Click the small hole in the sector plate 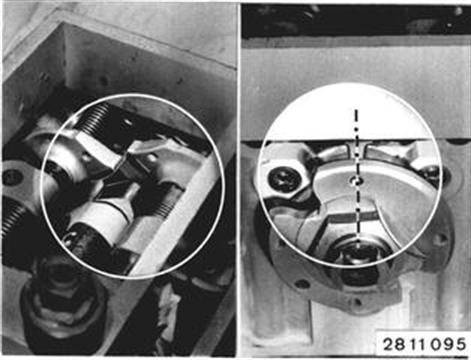click(356, 180)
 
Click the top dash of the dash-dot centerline click(357, 116)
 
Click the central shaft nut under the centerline click(358, 254)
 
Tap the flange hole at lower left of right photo click(303, 284)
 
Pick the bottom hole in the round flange click(358, 303)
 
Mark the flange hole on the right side click(443, 239)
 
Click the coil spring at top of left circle click(96, 117)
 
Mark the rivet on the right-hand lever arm click(152, 159)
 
